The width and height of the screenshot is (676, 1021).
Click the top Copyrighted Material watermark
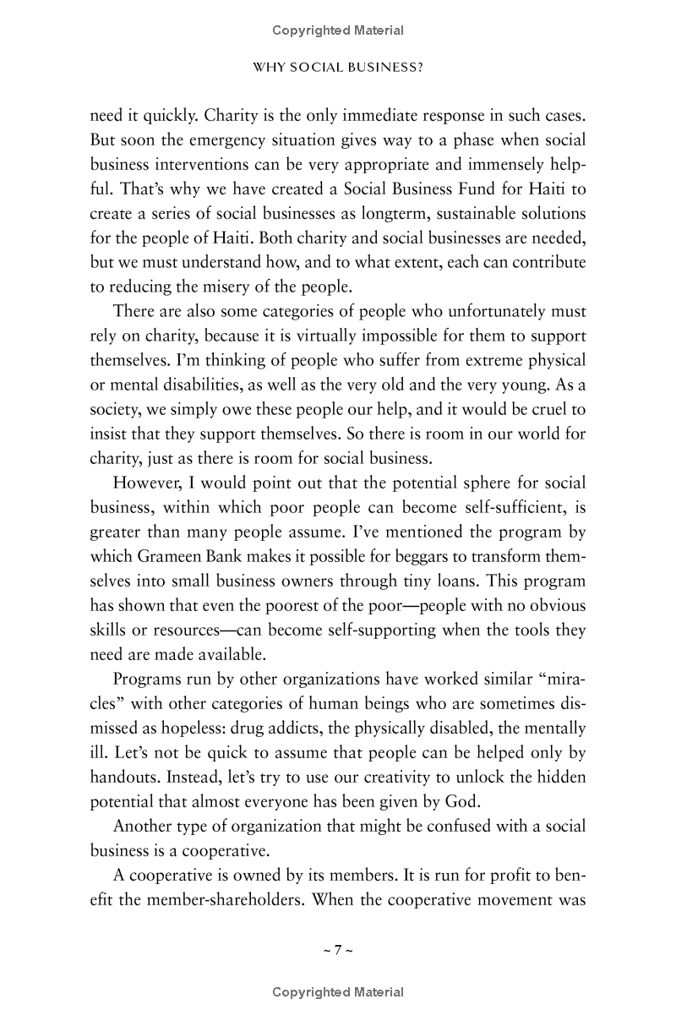[x=338, y=31]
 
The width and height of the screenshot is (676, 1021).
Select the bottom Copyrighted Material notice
[x=338, y=993]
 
